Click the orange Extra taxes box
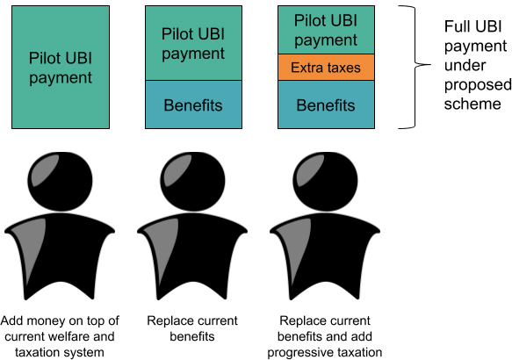coord(326,68)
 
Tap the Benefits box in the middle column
coord(193,104)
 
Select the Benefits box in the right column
coord(326,104)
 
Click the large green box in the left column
coord(61,68)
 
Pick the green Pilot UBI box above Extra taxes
coord(326,30)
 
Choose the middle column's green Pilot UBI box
coord(193,43)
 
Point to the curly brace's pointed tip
coord(429,65)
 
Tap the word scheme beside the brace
coord(472,104)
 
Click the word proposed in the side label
coord(478,85)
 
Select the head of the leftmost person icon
coord(60,182)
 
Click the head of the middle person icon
coord(192,182)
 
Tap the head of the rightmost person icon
coord(325,182)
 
